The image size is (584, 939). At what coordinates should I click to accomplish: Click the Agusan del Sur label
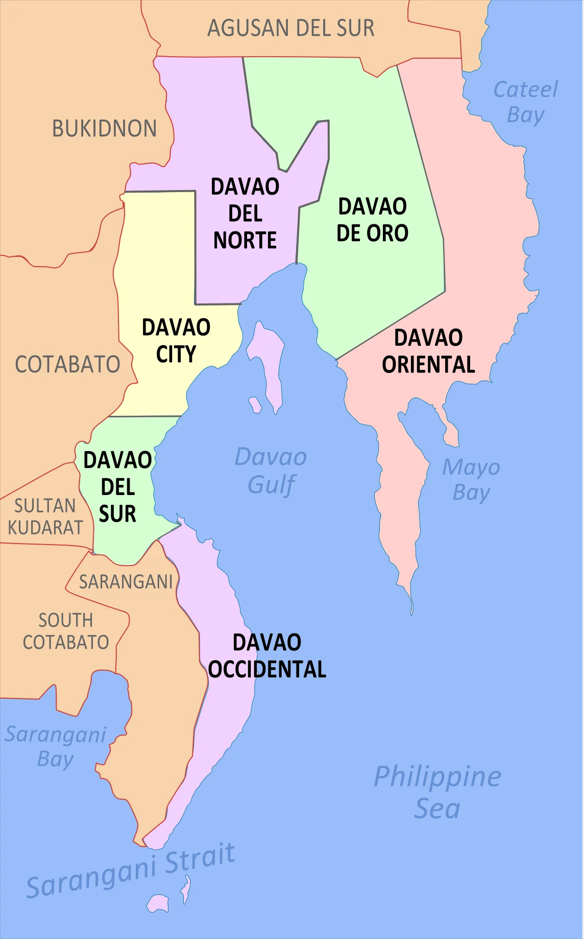tap(290, 28)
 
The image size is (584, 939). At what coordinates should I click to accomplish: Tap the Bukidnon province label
tap(104, 129)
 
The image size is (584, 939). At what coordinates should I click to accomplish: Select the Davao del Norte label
tap(245, 214)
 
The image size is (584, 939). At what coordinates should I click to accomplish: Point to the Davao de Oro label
tap(372, 220)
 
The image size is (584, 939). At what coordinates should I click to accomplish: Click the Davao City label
tap(176, 341)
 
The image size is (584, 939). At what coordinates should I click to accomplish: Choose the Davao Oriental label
tap(428, 351)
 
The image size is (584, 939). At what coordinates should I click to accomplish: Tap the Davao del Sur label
tap(117, 487)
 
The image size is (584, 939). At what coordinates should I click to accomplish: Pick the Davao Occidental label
tap(267, 656)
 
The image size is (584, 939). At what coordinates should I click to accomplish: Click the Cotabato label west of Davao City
tap(67, 365)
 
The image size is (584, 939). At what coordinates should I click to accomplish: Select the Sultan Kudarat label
tap(45, 517)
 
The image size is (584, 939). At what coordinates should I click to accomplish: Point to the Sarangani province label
tap(126, 582)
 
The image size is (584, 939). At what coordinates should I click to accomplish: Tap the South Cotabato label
tap(66, 631)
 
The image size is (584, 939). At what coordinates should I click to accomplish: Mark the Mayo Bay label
tap(471, 480)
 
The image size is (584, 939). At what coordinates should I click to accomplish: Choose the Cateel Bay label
tap(525, 102)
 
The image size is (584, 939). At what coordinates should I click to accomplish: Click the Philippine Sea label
tap(437, 792)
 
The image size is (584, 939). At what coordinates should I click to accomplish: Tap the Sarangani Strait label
tap(131, 871)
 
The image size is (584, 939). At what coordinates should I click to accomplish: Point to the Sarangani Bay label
tap(56, 746)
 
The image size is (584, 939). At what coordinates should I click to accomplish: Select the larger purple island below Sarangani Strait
tap(158, 903)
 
